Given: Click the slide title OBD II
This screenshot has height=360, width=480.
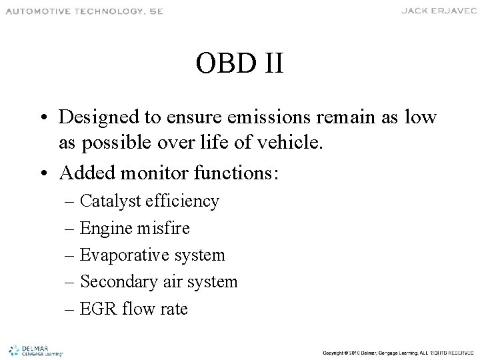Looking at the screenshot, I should (x=240, y=64).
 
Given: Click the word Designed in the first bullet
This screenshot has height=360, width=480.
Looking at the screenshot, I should (x=99, y=117).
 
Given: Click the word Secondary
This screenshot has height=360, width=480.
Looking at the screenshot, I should (x=119, y=282).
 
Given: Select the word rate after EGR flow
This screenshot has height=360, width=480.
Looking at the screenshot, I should (x=173, y=309).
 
